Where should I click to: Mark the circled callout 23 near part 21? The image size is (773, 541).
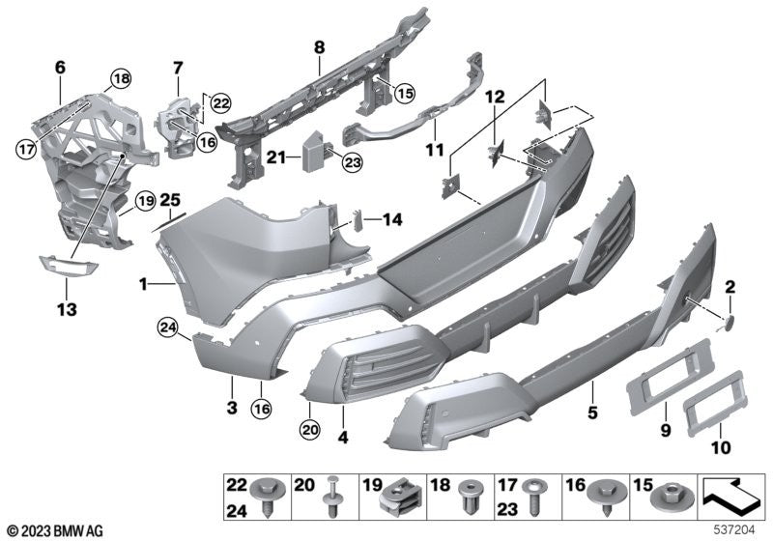click(350, 162)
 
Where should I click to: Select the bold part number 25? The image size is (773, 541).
click(170, 199)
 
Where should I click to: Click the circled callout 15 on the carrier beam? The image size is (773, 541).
click(402, 93)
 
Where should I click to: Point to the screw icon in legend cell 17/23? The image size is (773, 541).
click(533, 503)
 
